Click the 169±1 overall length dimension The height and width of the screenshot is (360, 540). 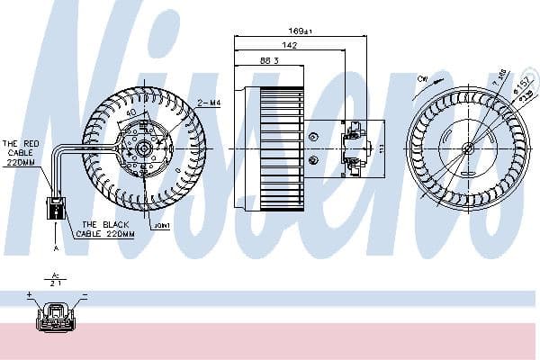click(300, 31)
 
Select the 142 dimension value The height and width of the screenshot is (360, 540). click(289, 45)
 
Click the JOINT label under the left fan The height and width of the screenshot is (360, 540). click(162, 226)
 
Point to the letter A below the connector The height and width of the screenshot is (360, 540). click(56, 247)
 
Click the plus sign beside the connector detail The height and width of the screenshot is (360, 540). click(31, 294)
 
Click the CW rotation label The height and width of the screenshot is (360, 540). click(422, 78)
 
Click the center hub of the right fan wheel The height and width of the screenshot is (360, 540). click(467, 148)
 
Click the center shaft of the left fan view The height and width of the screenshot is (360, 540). click(144, 147)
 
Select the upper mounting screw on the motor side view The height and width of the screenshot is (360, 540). click(312, 137)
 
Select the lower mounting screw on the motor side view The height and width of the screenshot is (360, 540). click(312, 160)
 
